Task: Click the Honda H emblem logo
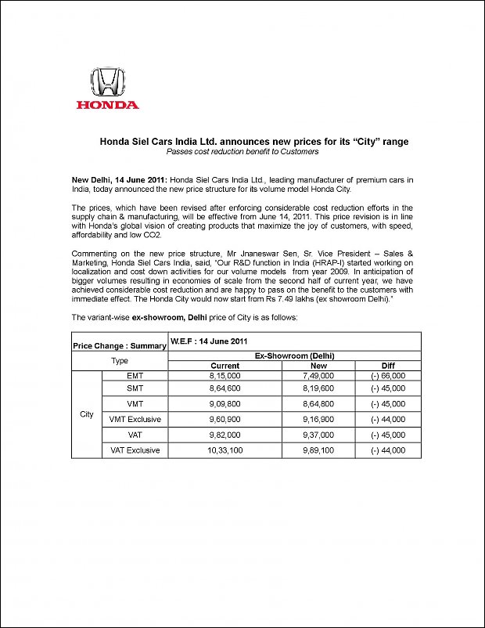click(x=108, y=81)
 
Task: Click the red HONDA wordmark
click(x=107, y=104)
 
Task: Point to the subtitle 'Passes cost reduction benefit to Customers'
click(x=247, y=151)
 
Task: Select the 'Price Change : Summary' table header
click(x=119, y=345)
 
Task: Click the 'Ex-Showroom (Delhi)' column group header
click(x=294, y=356)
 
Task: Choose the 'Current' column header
click(x=225, y=366)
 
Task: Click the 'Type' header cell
click(x=119, y=360)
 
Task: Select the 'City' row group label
click(x=87, y=414)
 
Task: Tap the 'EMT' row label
click(x=135, y=376)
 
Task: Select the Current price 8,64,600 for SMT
click(x=225, y=388)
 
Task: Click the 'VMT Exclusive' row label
click(x=135, y=419)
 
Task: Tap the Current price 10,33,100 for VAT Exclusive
click(x=225, y=450)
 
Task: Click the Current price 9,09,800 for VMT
click(x=225, y=404)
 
